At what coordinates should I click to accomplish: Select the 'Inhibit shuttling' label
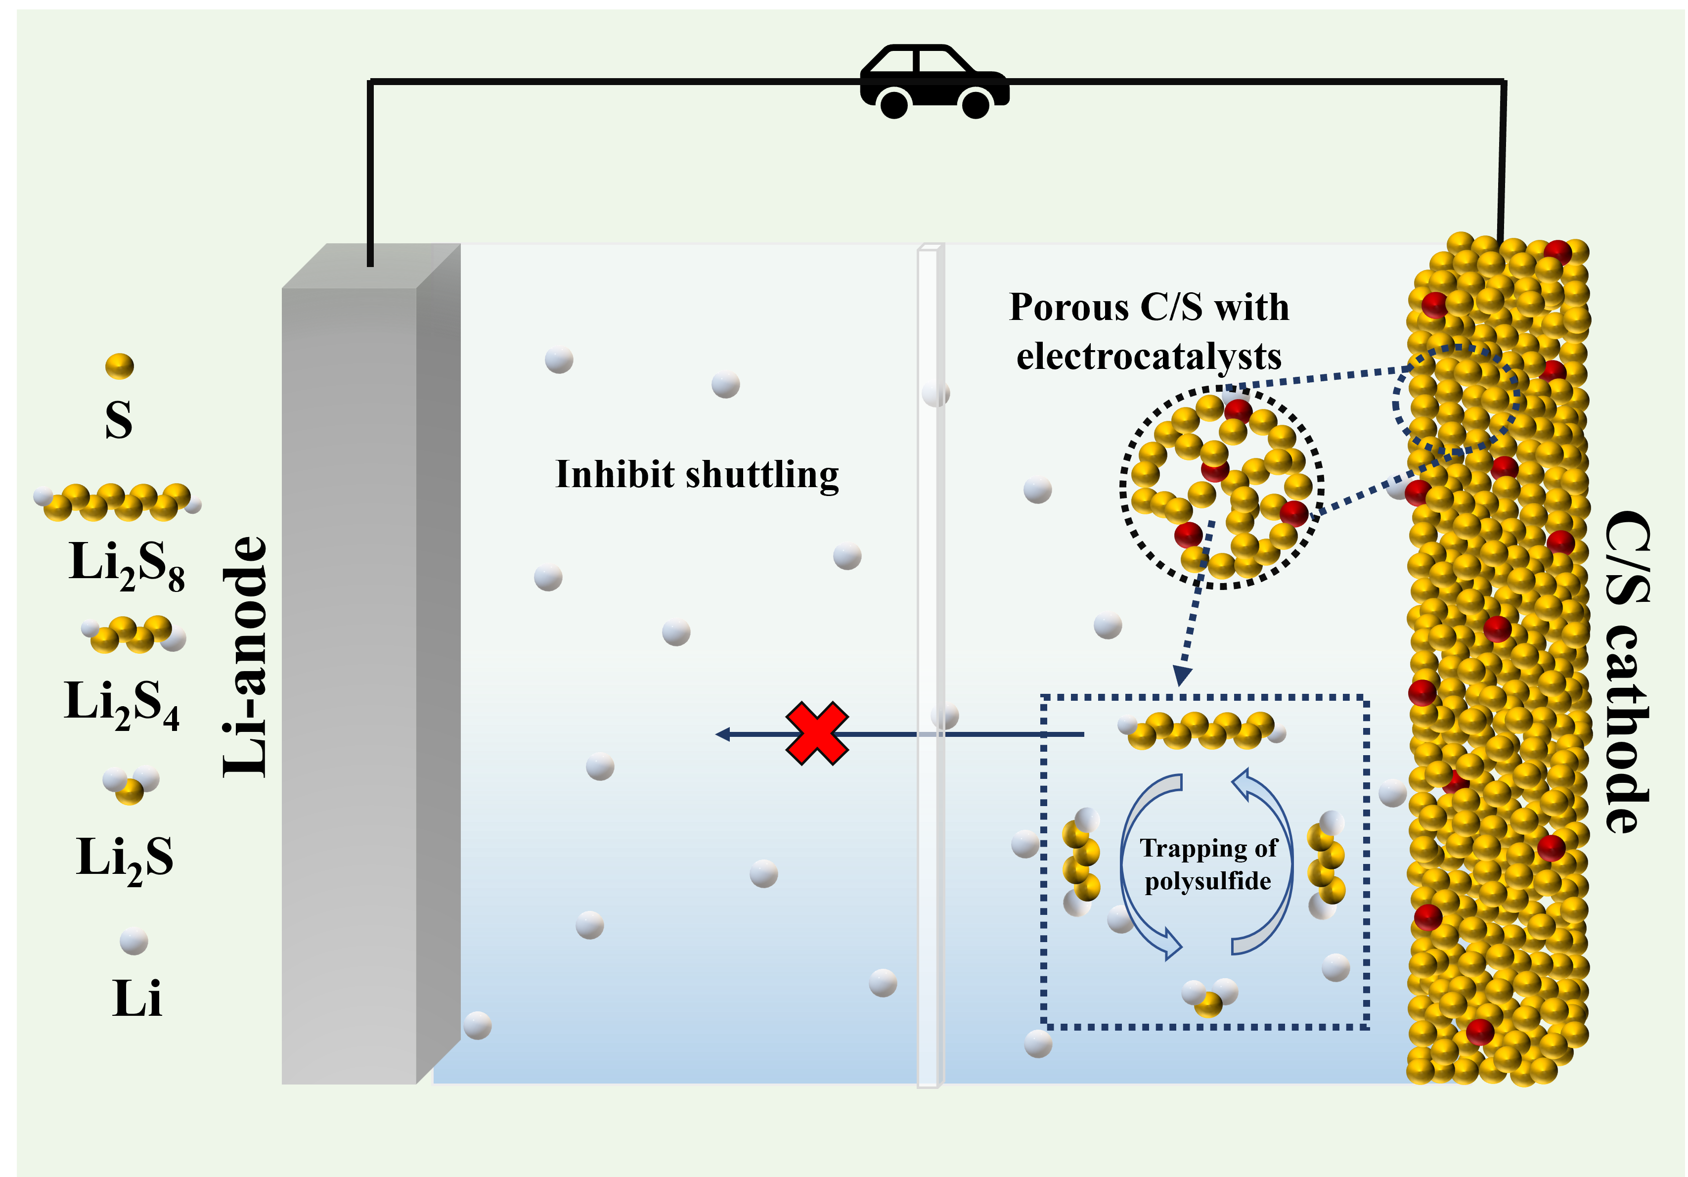[x=697, y=474]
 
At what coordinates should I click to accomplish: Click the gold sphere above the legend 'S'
[x=119, y=365]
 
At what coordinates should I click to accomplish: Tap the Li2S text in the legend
[x=125, y=858]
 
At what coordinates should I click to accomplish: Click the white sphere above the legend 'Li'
[x=134, y=940]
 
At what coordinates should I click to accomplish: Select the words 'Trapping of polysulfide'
[x=1208, y=864]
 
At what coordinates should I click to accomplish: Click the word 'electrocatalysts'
[x=1149, y=357]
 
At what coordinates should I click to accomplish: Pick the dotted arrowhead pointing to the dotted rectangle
[x=1182, y=675]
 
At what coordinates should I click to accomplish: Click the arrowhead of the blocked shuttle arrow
[x=723, y=734]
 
